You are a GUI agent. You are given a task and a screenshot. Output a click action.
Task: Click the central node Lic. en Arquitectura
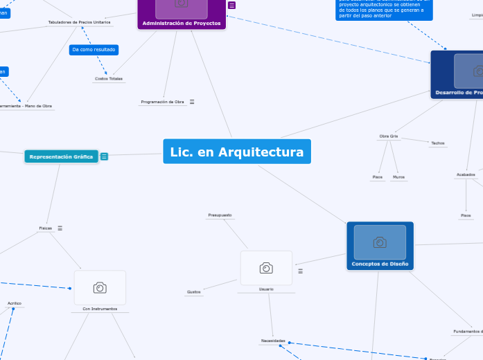tap(237, 152)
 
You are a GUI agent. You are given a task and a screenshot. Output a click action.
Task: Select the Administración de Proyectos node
tap(182, 24)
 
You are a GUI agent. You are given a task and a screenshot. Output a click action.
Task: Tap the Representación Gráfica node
tap(61, 156)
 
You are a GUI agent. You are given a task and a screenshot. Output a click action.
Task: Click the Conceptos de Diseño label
tap(380, 264)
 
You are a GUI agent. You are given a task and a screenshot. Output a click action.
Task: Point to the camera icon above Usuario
tap(266, 268)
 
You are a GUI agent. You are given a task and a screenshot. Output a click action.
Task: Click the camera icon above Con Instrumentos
tap(100, 287)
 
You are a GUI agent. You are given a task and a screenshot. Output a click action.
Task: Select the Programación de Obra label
tap(162, 102)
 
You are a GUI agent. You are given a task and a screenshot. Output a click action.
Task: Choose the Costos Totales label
tap(109, 79)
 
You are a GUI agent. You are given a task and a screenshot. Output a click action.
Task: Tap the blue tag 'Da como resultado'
tap(94, 50)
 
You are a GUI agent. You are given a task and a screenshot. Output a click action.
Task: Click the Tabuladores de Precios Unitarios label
tap(79, 23)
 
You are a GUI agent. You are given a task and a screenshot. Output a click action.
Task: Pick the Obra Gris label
tap(389, 136)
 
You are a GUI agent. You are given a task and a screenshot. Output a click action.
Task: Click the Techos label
tap(437, 143)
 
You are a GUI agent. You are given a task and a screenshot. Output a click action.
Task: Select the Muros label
tap(398, 177)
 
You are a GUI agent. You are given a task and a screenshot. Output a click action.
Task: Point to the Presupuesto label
tap(220, 215)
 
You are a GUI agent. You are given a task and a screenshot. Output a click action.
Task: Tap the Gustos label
tap(194, 292)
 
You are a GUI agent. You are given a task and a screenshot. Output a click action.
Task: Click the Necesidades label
tap(273, 341)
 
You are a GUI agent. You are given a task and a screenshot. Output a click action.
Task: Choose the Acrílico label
tap(15, 303)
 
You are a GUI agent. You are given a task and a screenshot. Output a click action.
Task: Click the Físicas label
tap(46, 228)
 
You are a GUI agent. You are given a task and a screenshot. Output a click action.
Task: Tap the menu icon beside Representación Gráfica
tap(104, 156)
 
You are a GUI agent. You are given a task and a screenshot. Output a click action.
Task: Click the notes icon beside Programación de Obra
tap(192, 102)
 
